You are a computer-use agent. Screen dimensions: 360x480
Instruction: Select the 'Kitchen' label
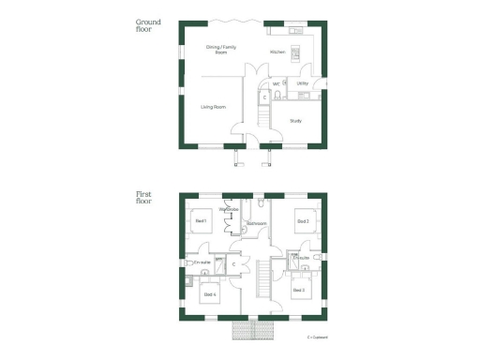click(277, 52)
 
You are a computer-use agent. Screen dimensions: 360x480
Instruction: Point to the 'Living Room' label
click(214, 107)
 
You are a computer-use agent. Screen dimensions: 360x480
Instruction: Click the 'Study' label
click(295, 121)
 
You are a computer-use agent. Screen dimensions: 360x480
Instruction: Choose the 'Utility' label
click(302, 83)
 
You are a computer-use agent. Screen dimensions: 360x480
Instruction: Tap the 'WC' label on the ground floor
click(277, 83)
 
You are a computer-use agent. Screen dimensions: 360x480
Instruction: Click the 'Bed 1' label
click(200, 221)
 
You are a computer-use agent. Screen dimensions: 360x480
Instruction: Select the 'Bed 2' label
click(302, 221)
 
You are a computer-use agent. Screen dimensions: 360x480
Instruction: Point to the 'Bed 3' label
click(298, 290)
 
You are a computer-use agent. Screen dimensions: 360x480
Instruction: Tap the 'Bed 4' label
click(209, 294)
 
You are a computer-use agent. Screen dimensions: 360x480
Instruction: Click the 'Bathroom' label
click(258, 223)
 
